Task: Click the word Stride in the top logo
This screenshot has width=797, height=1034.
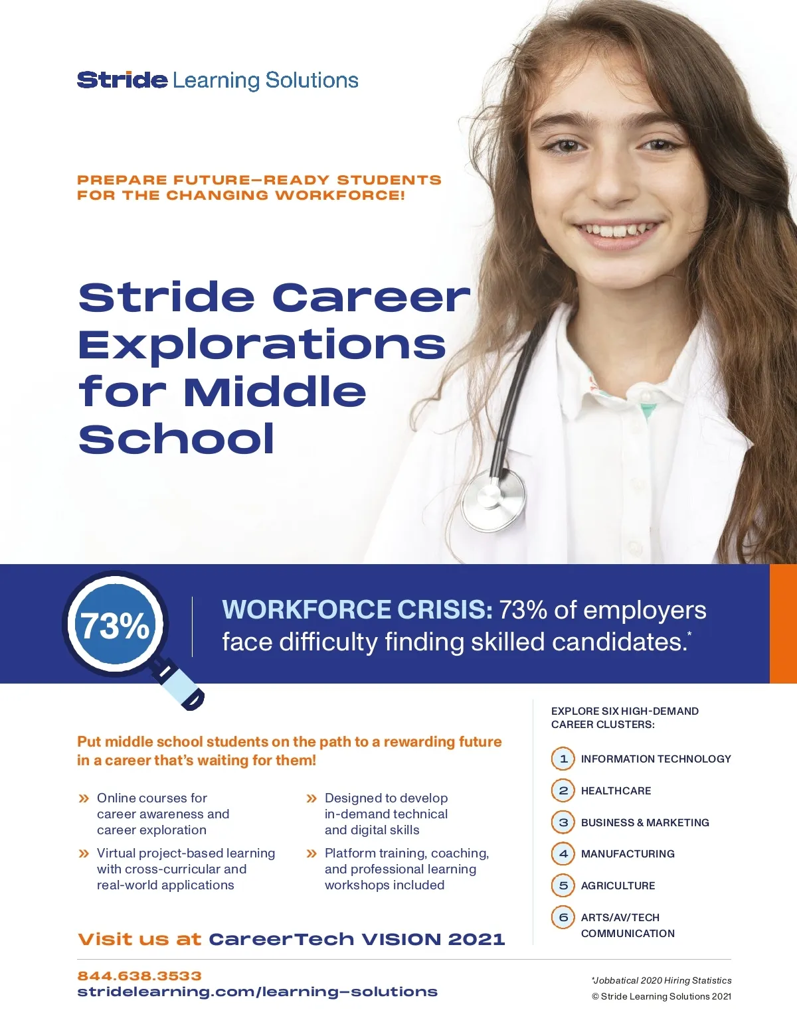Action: pos(122,80)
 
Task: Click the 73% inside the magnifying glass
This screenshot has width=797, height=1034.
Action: pos(115,625)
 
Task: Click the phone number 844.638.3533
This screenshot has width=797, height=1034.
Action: pos(139,976)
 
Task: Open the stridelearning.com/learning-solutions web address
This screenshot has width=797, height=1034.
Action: pos(257,992)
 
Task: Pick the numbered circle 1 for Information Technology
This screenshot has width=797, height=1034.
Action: pos(563,759)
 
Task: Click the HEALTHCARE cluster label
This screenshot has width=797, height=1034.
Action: pos(616,790)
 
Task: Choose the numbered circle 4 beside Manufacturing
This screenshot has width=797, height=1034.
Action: pos(563,853)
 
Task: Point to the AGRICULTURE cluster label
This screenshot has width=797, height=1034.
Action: pos(618,885)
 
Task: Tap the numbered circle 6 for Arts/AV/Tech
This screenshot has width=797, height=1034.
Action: pos(563,917)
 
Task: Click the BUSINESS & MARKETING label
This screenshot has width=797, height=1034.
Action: pos(645,822)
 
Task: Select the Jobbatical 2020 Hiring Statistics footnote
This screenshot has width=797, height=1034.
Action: pos(662,980)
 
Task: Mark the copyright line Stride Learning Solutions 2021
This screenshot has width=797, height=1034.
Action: pos(662,996)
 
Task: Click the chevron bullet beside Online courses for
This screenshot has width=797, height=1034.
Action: pos(84,798)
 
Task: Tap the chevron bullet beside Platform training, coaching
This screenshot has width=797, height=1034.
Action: pos(311,853)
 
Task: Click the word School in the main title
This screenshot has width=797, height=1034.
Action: pos(177,439)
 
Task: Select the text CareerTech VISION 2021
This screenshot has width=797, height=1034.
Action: pos(357,939)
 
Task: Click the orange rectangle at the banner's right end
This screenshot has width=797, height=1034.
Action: pos(783,624)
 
